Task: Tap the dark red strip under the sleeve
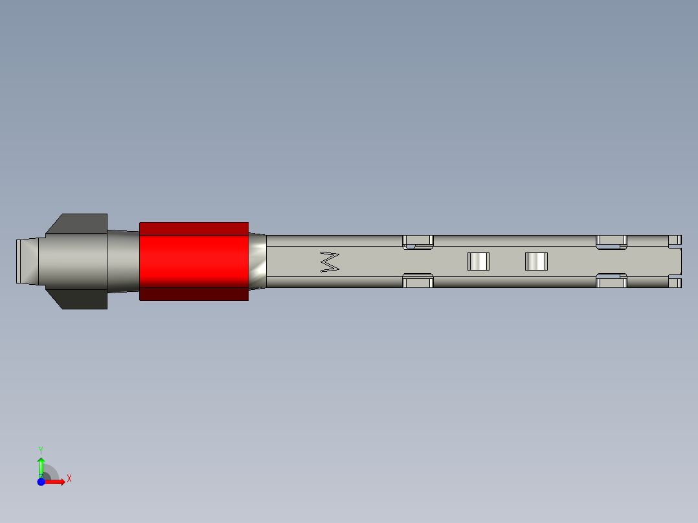click(194, 294)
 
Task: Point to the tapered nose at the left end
click(27, 261)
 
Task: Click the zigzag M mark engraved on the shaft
click(330, 261)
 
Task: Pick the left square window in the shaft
click(478, 261)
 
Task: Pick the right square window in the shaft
click(536, 261)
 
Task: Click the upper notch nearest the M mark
click(418, 241)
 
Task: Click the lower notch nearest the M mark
click(418, 281)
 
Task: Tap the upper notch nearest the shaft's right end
click(611, 241)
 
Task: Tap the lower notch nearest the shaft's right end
click(611, 281)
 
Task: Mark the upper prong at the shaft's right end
click(675, 239)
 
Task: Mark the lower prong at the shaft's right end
click(675, 283)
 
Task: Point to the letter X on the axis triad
click(69, 479)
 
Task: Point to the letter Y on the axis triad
click(40, 449)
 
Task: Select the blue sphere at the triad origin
click(41, 482)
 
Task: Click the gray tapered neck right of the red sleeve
click(257, 261)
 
